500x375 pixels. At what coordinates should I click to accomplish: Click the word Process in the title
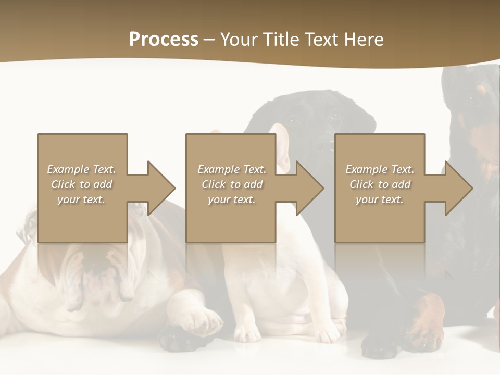164,40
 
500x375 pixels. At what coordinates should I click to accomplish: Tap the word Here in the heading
362,40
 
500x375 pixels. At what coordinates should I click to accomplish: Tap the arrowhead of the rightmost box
458,188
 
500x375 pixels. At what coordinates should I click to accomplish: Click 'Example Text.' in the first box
81,169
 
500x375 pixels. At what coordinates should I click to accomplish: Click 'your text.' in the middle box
231,199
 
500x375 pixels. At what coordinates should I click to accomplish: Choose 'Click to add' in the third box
380,184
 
